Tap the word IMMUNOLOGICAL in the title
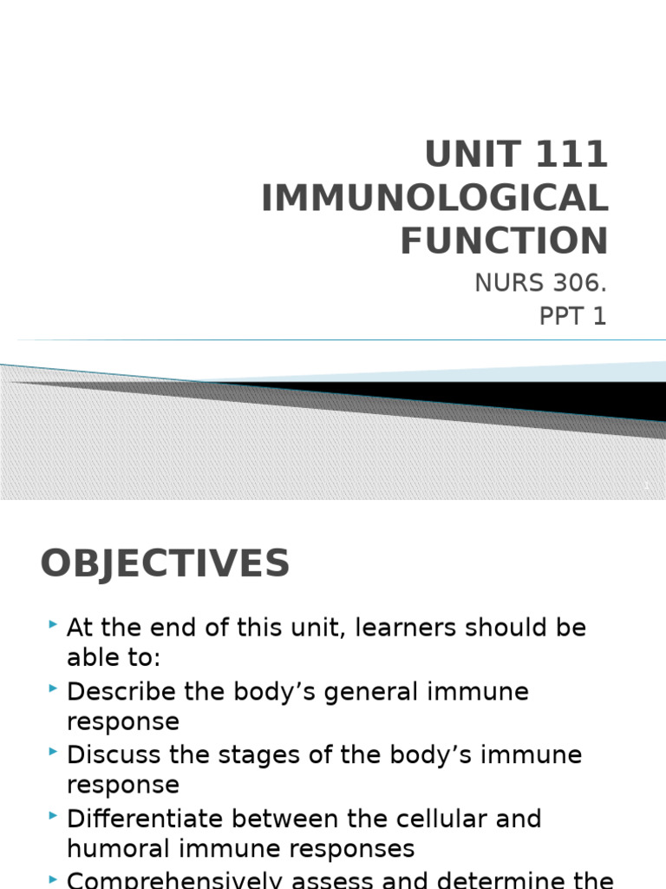click(434, 198)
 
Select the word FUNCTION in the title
click(504, 240)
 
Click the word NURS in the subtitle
click(504, 283)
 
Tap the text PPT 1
click(572, 317)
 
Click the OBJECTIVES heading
click(165, 564)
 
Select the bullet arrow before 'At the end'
click(54, 624)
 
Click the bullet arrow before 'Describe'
click(54, 688)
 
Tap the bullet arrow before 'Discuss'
click(54, 752)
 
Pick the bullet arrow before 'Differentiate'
click(54, 815)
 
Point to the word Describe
click(121, 692)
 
